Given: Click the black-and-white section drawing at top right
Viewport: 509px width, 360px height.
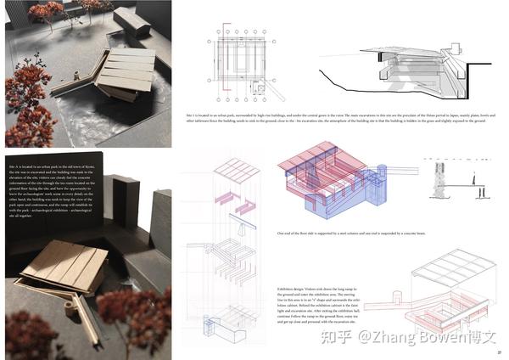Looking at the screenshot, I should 403,76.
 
